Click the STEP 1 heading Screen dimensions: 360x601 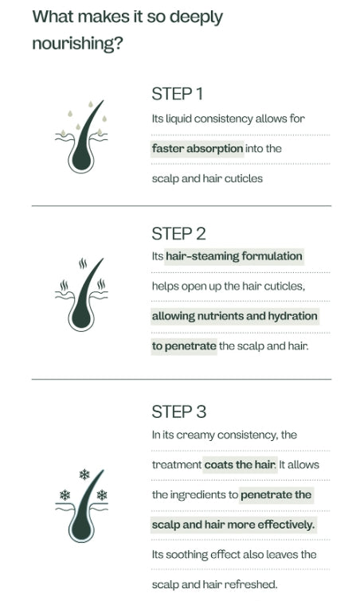point(177,94)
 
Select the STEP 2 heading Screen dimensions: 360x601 point(178,234)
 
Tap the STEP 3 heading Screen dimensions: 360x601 point(179,412)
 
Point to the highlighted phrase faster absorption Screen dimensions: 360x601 point(198,148)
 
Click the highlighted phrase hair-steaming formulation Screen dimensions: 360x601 point(234,256)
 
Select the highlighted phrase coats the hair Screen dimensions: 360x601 point(240,465)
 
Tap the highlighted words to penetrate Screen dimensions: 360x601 point(184,346)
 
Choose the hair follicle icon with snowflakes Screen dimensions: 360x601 point(81,505)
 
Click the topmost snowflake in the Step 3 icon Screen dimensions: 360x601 point(84,474)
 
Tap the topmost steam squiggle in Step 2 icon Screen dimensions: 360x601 point(83,263)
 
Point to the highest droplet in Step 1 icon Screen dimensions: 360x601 point(91,103)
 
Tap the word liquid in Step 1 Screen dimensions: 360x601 point(178,119)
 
